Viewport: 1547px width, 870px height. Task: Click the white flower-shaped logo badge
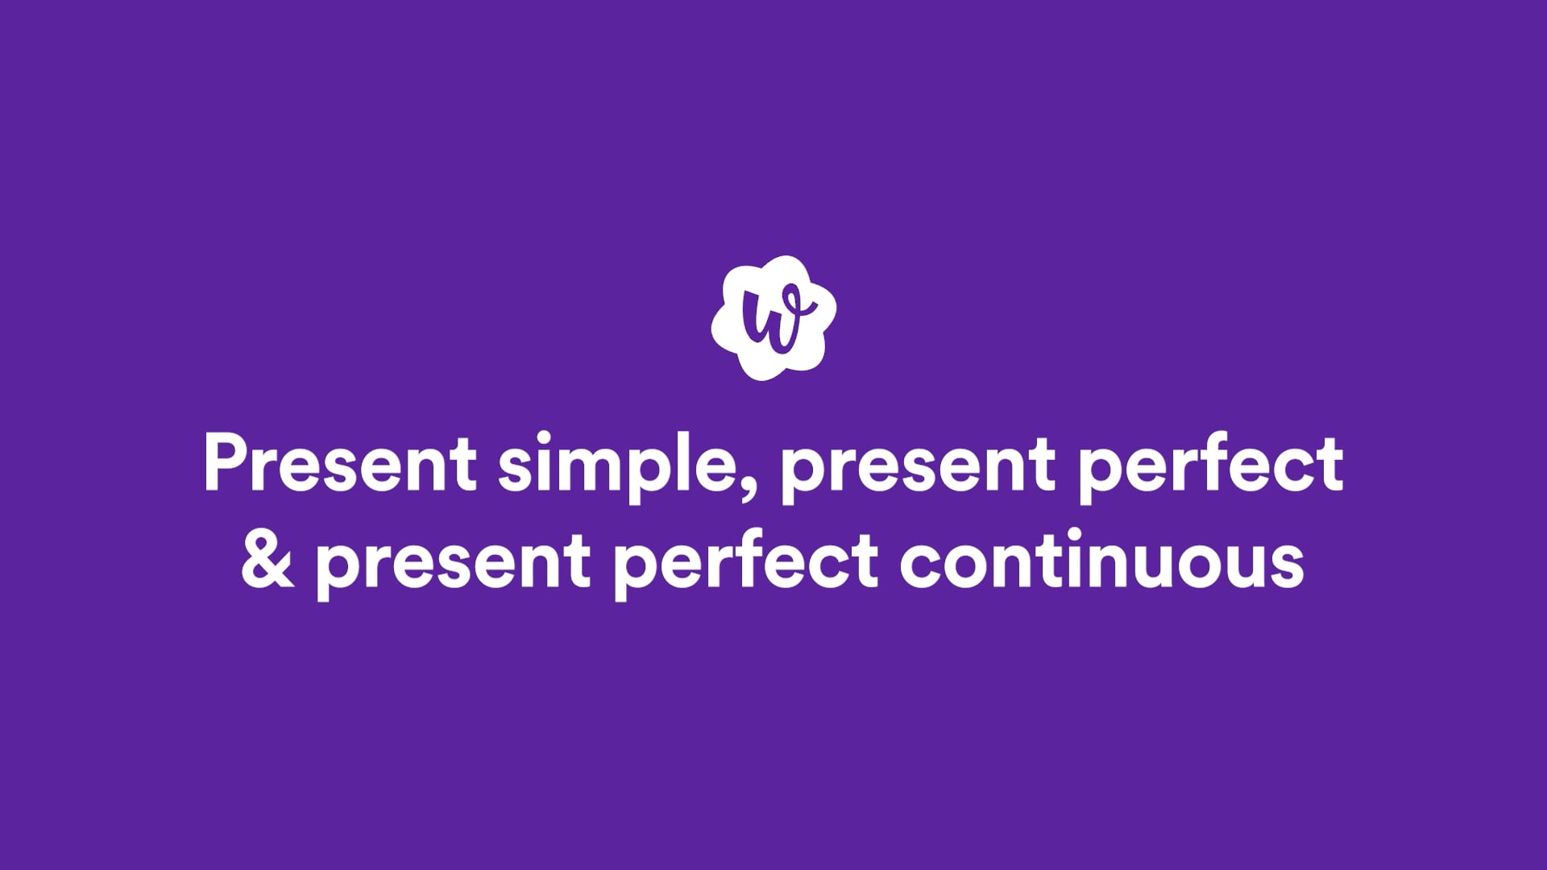(x=773, y=317)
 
